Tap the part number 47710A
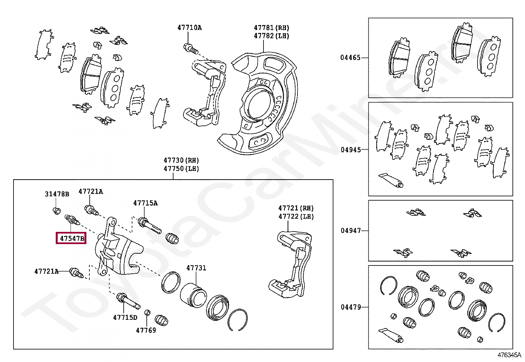coord(189,28)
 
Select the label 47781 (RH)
coord(271,28)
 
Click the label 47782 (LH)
coord(271,36)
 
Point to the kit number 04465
coord(350,58)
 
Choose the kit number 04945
coord(351,150)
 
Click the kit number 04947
coord(351,231)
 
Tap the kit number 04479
coord(351,307)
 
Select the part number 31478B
coord(57,194)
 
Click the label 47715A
coord(145,203)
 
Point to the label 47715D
coord(125,317)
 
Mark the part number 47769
coord(146,330)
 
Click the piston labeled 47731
coord(194,295)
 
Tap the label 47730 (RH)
coord(181,160)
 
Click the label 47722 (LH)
coord(296,216)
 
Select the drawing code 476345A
coord(509,355)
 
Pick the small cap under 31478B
coord(57,210)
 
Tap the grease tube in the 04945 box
coord(391,180)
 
